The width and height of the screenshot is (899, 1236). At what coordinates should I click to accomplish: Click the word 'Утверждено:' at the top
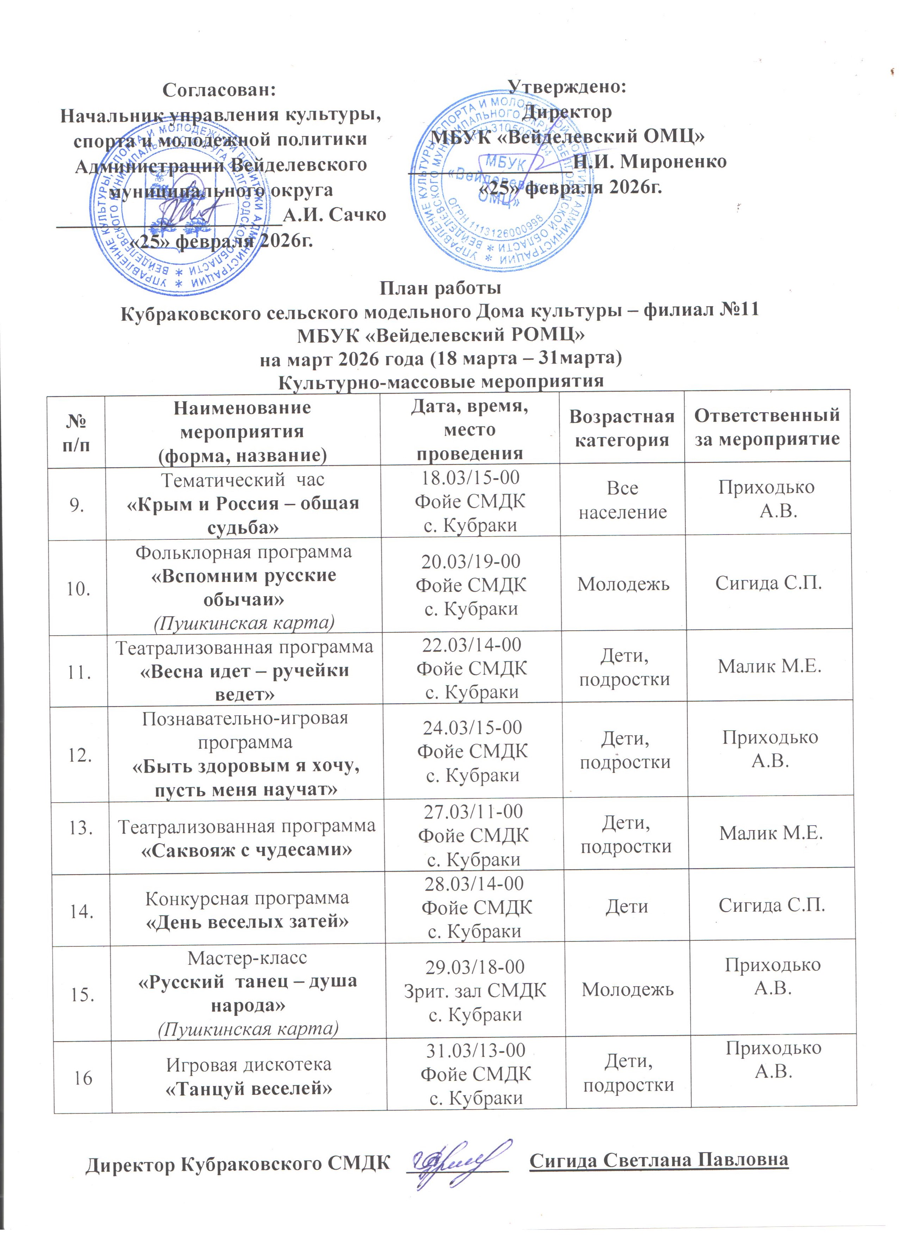pos(567,86)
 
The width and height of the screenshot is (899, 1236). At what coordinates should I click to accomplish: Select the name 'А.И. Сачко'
pos(334,215)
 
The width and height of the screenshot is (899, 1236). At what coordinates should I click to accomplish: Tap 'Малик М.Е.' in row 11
pos(769,666)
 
